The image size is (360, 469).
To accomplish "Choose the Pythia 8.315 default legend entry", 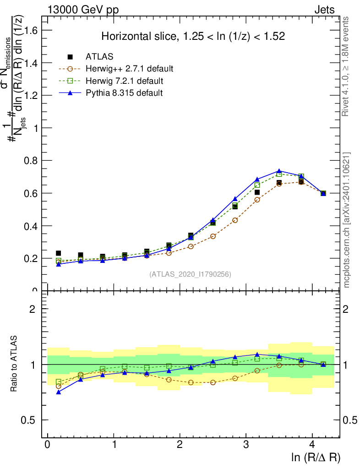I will coord(124,93).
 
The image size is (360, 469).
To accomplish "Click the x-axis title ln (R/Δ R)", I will coord(316,458).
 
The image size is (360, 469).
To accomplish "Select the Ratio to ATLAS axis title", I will coord(14,364).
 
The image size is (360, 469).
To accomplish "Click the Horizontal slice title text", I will coord(193,37).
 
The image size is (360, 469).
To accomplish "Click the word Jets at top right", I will coord(324,10).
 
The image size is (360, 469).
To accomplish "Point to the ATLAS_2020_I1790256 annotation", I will coord(190,274).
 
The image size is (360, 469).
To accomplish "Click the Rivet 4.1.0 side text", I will coord(347,66).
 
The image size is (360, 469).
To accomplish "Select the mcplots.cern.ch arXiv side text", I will coord(347,220).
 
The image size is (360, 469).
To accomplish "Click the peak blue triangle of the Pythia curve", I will coord(279,171).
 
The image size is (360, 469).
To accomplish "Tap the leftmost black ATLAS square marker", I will coord(58,253).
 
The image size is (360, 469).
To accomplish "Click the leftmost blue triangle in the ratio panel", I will coord(58,392).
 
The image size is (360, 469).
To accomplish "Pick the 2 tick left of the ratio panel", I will coord(33,309).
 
